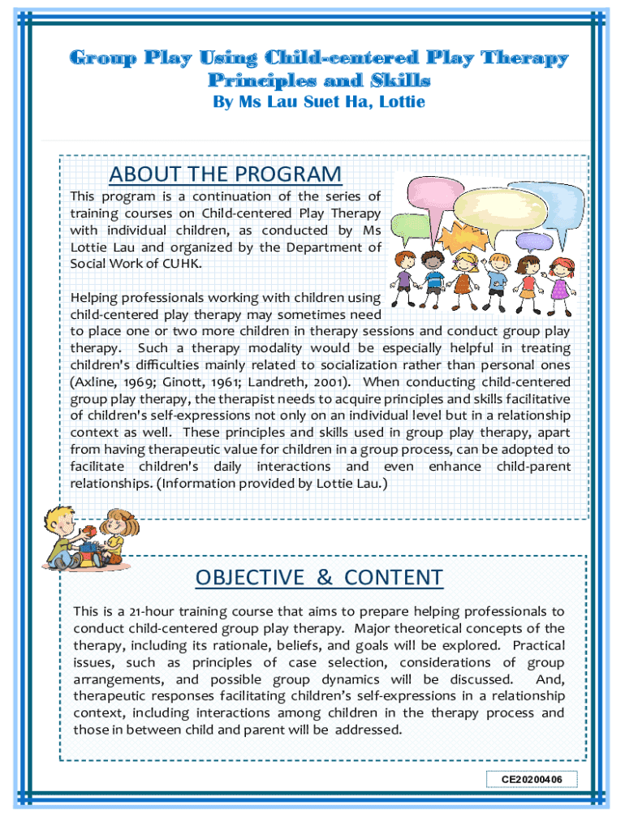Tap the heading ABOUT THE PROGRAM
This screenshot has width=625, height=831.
tap(226, 174)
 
